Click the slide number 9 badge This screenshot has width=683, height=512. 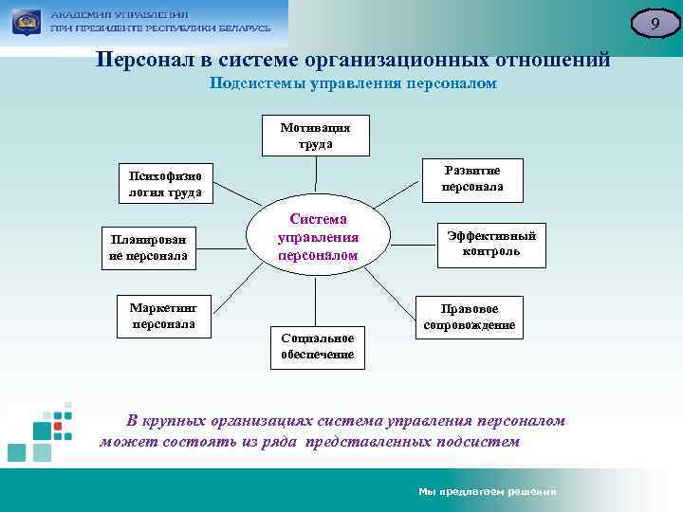coord(653,23)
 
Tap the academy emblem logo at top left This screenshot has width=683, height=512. coord(25,21)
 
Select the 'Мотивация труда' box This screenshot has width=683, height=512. coord(316,136)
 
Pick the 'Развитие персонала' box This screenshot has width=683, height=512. coord(471,178)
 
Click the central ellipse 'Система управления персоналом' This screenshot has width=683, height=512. coord(317,236)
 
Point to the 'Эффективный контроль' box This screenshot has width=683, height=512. coord(490,244)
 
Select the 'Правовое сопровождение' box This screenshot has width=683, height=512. coord(471,317)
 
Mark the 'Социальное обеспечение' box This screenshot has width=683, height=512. coord(317,346)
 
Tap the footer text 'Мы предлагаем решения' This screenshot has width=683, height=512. coord(487,491)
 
